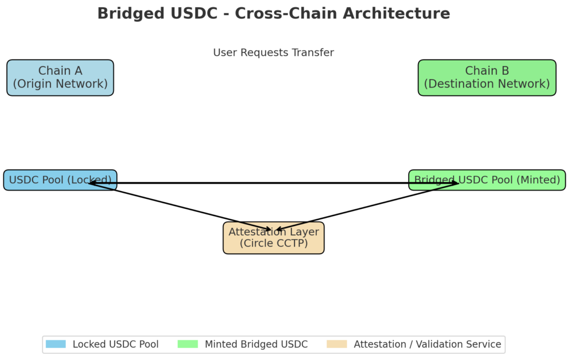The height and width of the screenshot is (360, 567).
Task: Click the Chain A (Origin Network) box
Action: pos(60,78)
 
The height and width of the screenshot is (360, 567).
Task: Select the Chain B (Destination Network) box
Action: pos(487,78)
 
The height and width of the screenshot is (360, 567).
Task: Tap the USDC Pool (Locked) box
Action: pos(60,180)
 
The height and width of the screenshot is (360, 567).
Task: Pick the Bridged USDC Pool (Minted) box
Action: pos(487,180)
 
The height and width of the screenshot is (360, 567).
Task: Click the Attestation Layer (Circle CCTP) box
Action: pos(274,238)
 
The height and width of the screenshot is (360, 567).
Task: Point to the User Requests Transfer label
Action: pos(274,53)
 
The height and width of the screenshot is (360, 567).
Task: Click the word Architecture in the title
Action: pos(396,13)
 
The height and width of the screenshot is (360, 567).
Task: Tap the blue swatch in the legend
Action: pos(56,344)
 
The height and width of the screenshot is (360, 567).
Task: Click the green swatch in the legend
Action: pos(188,344)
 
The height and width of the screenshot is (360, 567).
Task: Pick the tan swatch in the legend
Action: pos(337,344)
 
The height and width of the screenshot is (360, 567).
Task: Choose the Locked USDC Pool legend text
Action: pos(116,344)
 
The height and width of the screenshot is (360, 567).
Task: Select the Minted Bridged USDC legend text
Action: pos(256,344)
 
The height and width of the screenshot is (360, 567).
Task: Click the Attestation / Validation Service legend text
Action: pos(427,344)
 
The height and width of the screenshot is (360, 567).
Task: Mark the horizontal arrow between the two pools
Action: pos(274,183)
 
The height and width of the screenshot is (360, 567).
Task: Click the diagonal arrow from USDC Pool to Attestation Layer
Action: pos(180,207)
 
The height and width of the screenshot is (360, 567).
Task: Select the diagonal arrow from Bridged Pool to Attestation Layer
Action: pos(367,207)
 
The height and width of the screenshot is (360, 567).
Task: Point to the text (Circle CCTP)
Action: pos(274,243)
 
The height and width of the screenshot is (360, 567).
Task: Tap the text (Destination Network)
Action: pos(487,84)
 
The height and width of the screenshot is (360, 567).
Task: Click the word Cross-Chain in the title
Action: pos(284,13)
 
